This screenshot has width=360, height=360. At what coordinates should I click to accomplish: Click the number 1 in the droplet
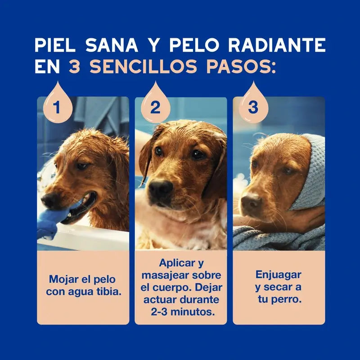(57, 108)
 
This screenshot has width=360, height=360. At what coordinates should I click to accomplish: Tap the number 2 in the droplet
(155, 108)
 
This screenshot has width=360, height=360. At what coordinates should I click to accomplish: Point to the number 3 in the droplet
(253, 108)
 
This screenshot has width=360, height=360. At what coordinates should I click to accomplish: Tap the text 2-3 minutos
(181, 311)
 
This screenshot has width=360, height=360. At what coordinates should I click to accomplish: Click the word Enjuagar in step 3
(279, 274)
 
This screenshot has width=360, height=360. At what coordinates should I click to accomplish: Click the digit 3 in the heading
(74, 67)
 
